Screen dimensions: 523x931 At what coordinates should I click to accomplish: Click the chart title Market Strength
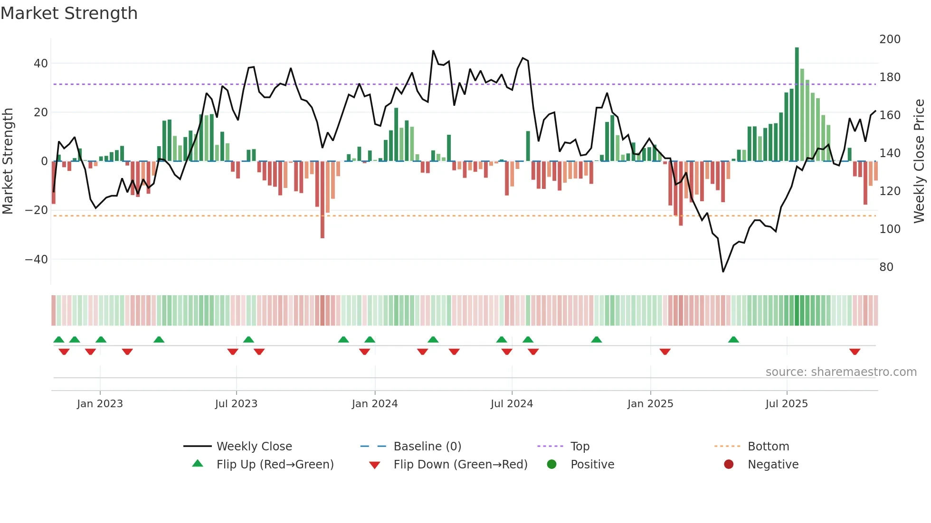coord(69,13)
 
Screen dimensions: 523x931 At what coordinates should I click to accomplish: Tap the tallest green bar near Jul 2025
coord(797,104)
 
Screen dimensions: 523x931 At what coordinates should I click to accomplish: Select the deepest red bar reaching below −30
coord(323,199)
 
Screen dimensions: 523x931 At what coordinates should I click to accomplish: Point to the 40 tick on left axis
coord(41,63)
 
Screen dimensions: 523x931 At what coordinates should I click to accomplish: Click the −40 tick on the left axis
coord(37,259)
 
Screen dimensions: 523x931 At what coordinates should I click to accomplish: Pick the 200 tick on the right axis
coord(889,39)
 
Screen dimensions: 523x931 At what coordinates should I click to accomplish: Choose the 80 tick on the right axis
coord(886,267)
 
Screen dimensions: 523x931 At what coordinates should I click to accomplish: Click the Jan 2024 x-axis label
coord(374,404)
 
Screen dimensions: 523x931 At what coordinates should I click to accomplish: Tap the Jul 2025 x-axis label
coord(786,404)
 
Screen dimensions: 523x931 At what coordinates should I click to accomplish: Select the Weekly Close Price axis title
coord(919,161)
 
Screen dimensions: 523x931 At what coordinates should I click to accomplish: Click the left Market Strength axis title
coord(8,161)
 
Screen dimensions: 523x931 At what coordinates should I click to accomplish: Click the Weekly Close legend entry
coord(254,447)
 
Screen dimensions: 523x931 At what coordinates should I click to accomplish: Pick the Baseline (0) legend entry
coord(427,447)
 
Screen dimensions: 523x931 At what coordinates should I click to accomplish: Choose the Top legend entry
coord(579,447)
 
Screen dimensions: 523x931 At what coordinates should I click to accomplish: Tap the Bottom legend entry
coord(768,447)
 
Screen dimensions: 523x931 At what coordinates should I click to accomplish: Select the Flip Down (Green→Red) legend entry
coord(460,465)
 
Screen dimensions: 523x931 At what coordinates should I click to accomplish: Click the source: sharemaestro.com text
coord(841,372)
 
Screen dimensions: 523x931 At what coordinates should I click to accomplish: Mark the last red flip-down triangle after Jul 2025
coord(855,352)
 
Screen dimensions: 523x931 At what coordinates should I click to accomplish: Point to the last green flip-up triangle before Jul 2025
coord(733,339)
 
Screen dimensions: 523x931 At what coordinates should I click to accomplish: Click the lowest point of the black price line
coord(723,271)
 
